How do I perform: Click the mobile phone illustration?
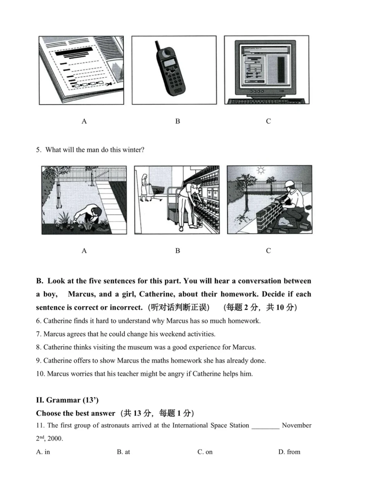(171, 72)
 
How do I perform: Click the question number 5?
(38, 150)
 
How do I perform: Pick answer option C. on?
(205, 452)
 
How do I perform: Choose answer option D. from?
(289, 452)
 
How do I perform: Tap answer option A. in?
(43, 452)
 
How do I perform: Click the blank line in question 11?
(265, 426)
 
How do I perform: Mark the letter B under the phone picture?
(178, 121)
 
